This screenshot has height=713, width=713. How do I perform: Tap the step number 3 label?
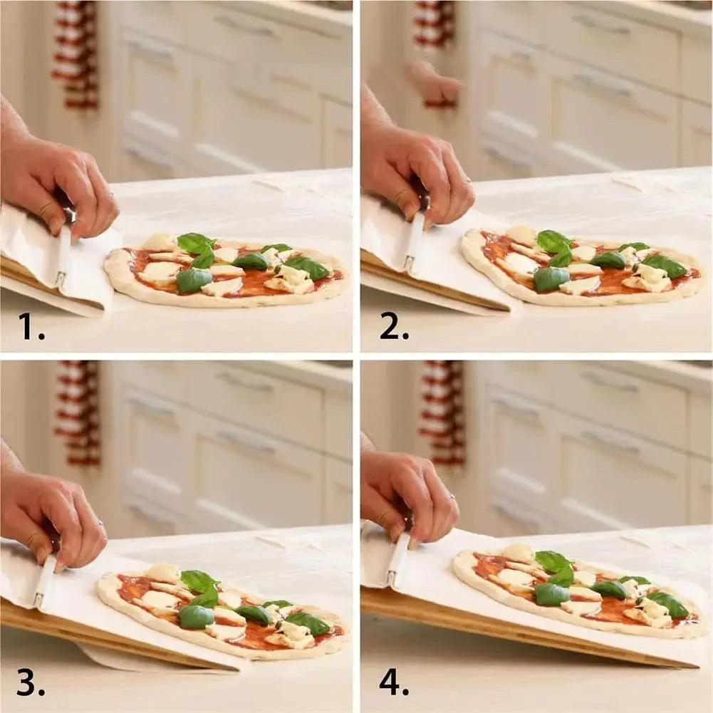31,682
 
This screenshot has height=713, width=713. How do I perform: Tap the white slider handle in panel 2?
414,242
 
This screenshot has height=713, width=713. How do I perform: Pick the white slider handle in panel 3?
45,581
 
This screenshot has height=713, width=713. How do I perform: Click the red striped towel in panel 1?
75,53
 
